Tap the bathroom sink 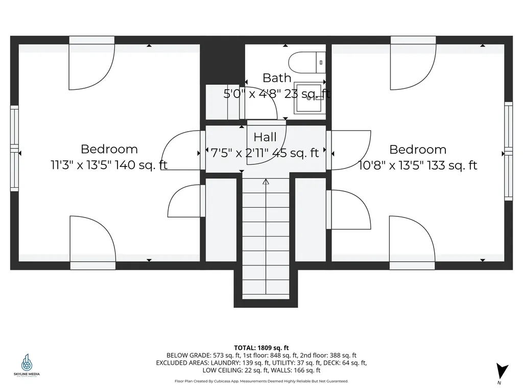coord(310,98)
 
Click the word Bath coord(277,78)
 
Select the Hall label coord(265,137)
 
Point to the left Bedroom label coord(109,150)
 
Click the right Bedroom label coord(418,150)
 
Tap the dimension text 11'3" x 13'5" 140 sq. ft coord(109,165)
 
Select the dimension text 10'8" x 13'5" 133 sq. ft coord(418,165)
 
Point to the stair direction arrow coord(266,182)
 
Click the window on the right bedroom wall coord(508,151)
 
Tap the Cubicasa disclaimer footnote coord(261,381)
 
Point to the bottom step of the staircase coord(266,294)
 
